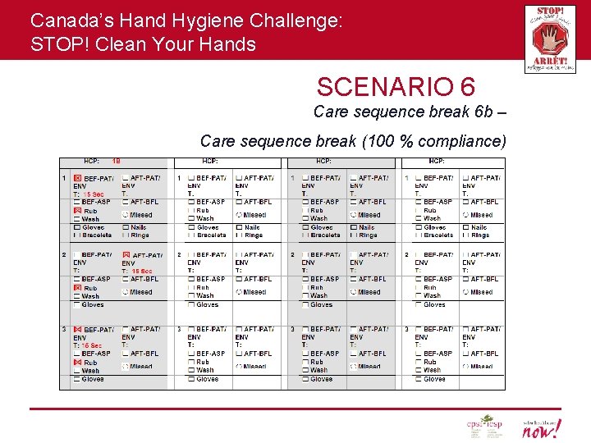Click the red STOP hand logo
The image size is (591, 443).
[549, 38]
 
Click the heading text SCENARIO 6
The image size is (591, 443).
[396, 86]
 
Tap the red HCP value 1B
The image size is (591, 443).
[116, 162]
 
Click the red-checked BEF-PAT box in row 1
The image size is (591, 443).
[78, 178]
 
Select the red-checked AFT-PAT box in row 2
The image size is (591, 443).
[126, 255]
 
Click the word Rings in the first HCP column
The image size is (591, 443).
[140, 235]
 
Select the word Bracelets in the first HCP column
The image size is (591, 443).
[98, 235]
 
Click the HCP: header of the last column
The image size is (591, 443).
[436, 162]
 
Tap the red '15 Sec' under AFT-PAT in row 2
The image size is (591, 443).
[141, 271]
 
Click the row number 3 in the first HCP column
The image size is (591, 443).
[64, 329]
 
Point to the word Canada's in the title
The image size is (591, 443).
[65, 20]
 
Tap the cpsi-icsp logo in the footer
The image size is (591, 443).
[483, 427]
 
